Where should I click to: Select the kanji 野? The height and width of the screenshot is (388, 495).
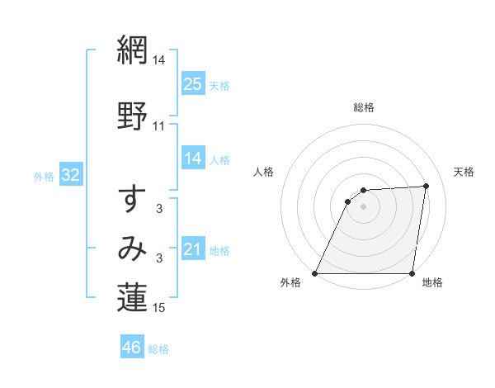132,116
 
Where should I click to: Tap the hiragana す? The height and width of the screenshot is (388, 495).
132,199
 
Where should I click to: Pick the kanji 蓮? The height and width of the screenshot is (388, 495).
132,299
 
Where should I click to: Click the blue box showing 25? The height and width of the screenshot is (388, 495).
192,84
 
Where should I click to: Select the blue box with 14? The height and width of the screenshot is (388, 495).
192,159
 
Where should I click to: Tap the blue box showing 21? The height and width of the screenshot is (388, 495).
192,249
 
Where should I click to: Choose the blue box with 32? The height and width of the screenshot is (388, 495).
70,175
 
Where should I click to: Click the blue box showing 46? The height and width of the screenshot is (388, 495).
132,348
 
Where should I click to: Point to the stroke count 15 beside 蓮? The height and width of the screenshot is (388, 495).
159,309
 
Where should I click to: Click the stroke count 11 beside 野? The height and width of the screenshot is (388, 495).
159,126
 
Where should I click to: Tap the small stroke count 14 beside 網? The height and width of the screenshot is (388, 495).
159,60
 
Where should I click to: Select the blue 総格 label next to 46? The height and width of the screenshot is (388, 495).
158,349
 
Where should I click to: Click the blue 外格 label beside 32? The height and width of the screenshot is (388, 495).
44,176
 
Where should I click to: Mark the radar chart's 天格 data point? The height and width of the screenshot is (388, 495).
427,186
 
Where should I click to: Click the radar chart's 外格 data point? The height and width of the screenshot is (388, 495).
315,273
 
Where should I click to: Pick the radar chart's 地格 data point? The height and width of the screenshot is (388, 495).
412,273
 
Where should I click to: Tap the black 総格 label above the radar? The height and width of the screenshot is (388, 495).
364,107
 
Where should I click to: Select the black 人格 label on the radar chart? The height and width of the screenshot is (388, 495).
263,172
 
